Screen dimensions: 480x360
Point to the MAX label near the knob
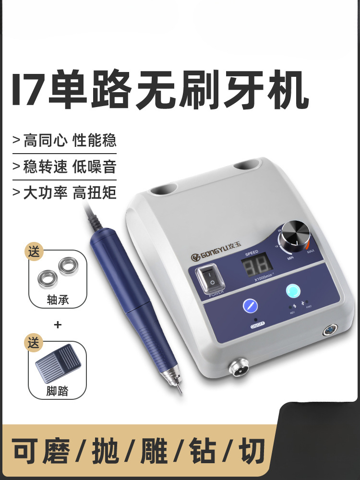click(x=311, y=251)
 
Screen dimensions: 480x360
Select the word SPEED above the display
click(x=252, y=252)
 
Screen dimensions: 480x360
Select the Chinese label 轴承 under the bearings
click(x=58, y=300)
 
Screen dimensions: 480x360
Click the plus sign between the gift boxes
click(x=58, y=324)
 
